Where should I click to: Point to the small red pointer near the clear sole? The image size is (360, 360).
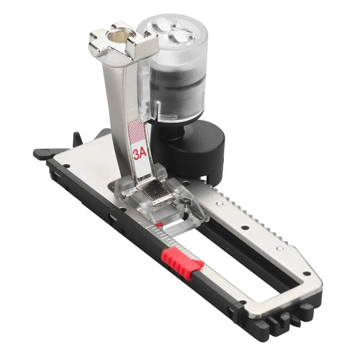[x=159, y=225]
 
